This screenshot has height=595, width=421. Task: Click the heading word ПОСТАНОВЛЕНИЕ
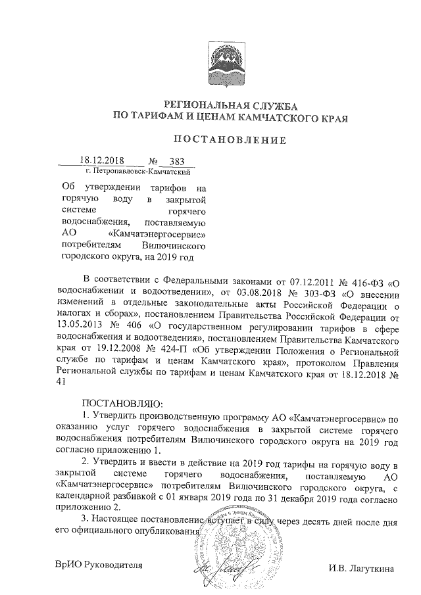(230, 139)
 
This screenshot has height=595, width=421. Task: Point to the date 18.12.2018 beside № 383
(102, 160)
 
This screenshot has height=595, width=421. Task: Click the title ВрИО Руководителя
(98, 566)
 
